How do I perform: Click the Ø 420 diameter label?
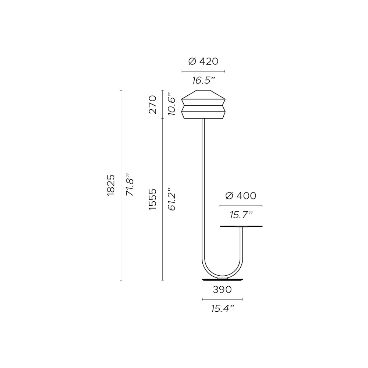point(203,61)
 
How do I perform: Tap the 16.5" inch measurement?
point(204,81)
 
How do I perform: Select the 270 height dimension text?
point(153,105)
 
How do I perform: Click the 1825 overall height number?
point(111,185)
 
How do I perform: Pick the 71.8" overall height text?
point(130,185)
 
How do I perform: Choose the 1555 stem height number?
point(153,199)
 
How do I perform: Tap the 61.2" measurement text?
point(172,199)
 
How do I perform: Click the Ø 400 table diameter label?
point(241,196)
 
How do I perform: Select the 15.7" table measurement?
point(241,215)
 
